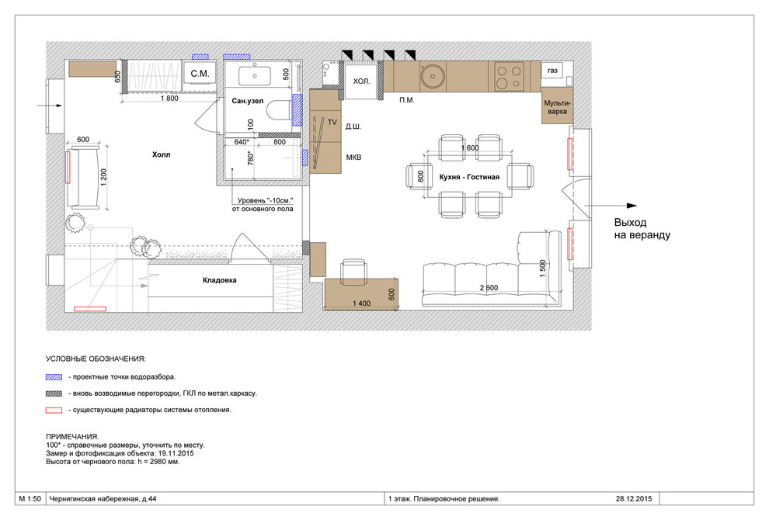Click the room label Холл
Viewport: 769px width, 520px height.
(x=161, y=154)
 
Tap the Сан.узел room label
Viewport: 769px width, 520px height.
(x=247, y=101)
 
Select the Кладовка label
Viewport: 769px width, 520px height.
(x=219, y=280)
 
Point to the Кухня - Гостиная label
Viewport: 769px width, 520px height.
(x=469, y=177)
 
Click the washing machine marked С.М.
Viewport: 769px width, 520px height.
(x=200, y=74)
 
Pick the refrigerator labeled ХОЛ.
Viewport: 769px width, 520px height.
(x=361, y=81)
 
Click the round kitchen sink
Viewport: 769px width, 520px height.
(x=433, y=76)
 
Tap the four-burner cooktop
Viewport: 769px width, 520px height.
(x=508, y=77)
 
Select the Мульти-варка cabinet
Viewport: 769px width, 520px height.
(x=557, y=106)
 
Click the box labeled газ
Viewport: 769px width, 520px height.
(x=552, y=71)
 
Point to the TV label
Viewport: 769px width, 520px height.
(x=332, y=122)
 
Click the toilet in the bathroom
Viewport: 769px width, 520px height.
(x=280, y=110)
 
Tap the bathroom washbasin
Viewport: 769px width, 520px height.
(x=255, y=76)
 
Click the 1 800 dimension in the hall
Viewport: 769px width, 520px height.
(x=169, y=98)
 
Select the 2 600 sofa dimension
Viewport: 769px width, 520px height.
(x=489, y=288)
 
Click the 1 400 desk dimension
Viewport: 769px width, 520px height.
(x=361, y=303)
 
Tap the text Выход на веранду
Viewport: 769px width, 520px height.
(x=642, y=229)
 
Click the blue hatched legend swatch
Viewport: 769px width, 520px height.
(x=54, y=377)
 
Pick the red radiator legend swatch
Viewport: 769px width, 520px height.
(x=54, y=411)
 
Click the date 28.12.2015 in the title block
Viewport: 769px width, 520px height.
(x=634, y=499)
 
